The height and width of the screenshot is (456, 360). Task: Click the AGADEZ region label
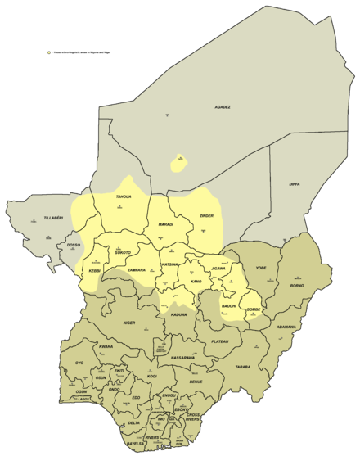pyautogui.click(x=223, y=107)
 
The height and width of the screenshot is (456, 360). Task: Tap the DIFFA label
pyautogui.click(x=295, y=184)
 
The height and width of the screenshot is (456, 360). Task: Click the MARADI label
pyautogui.click(x=165, y=223)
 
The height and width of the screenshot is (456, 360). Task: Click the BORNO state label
pyautogui.click(x=296, y=286)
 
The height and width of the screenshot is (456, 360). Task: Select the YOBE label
pyautogui.click(x=261, y=267)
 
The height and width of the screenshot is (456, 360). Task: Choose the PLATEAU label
pyautogui.click(x=219, y=341)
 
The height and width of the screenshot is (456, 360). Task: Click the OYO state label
pyautogui.click(x=79, y=363)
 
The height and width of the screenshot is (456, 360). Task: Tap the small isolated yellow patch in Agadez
pyautogui.click(x=176, y=162)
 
